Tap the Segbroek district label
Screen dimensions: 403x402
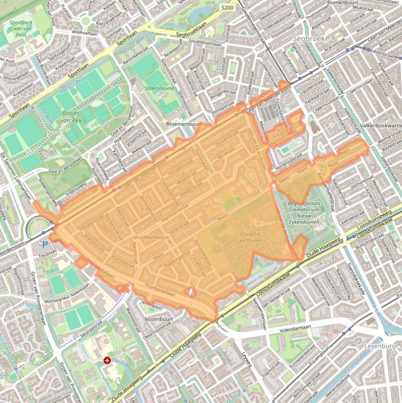(309, 39)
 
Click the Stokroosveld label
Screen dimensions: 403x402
(159, 89)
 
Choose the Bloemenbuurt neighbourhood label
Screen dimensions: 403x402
(183, 125)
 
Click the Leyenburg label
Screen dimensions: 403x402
(376, 346)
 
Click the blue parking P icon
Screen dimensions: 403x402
(45, 244)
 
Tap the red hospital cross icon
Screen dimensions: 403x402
(107, 360)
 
